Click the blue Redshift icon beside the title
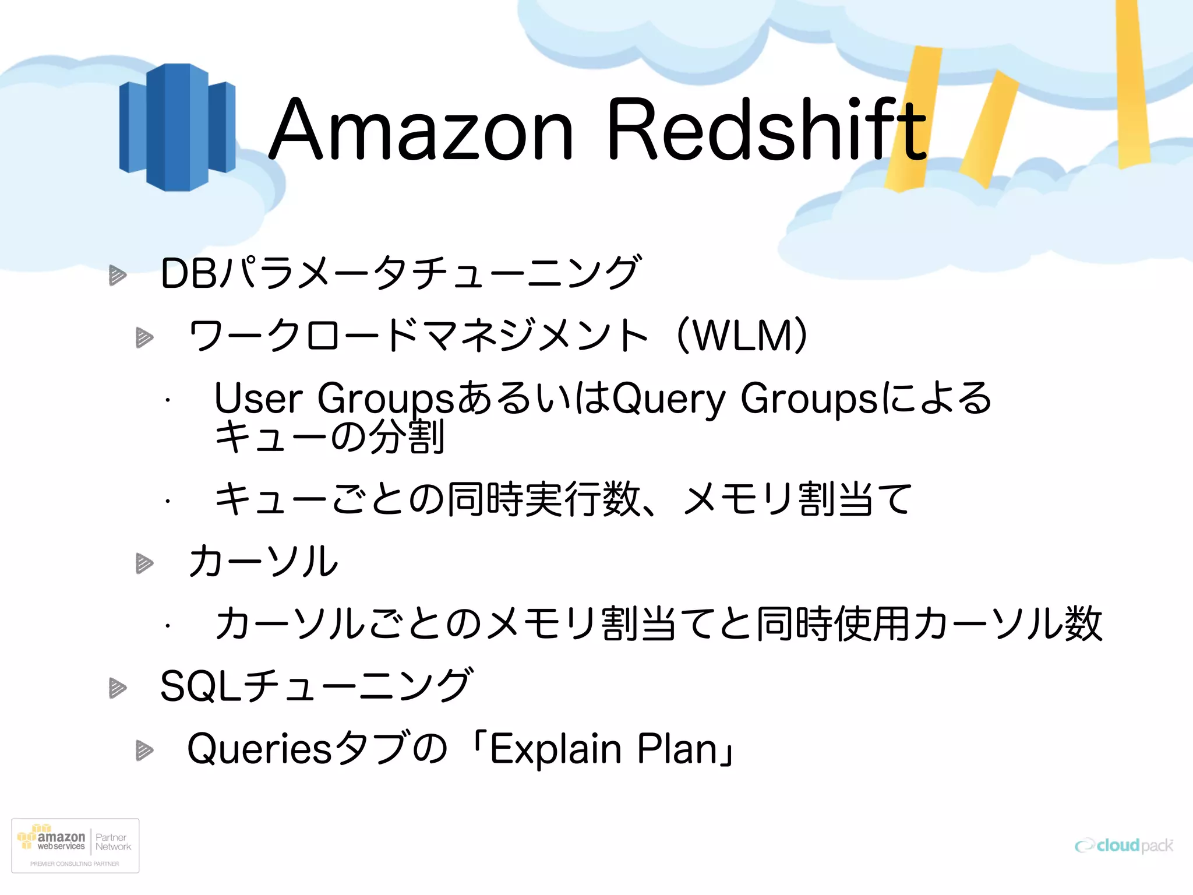177,127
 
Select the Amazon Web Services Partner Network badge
75,845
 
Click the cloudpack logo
1124,845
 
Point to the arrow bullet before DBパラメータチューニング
118,275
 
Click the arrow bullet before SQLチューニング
118,688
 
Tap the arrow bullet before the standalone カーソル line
144,563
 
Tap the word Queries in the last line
260,749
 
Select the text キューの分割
330,437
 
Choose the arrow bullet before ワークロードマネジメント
144,337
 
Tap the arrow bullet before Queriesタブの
144,750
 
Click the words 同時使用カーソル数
929,624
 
